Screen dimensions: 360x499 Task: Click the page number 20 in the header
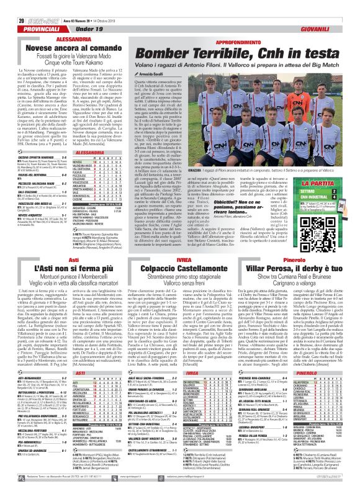pos(12,6)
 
